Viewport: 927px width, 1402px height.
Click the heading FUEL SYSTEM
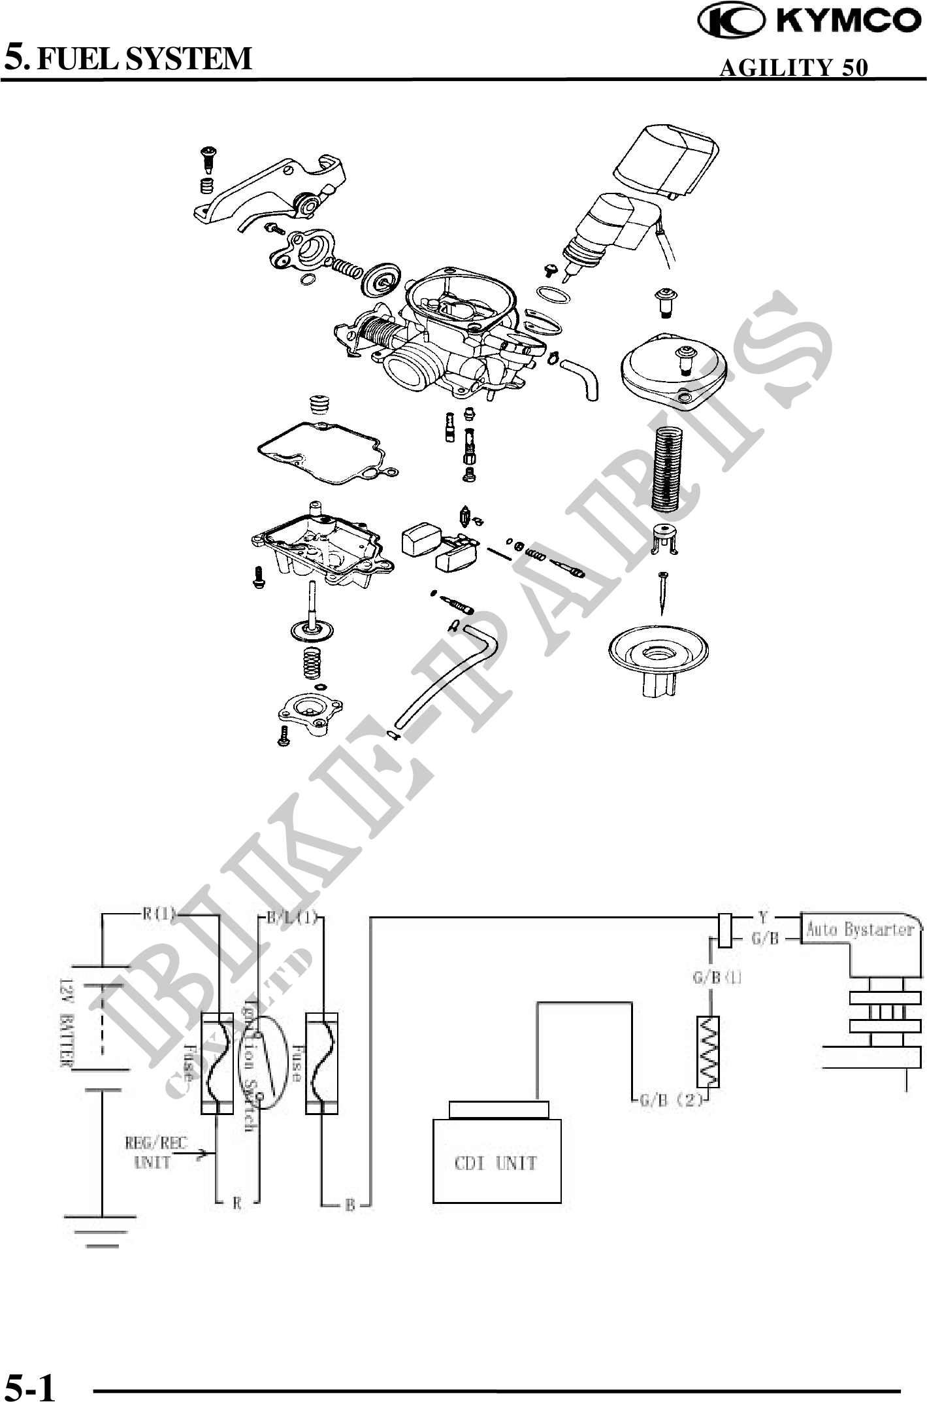[x=143, y=58]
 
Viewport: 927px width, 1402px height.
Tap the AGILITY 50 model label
[x=793, y=67]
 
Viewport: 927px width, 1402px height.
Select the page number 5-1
[x=30, y=1384]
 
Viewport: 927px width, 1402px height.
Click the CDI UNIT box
[x=496, y=1161]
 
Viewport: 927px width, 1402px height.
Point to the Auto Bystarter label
[x=859, y=929]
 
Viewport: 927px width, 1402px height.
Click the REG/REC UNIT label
[x=155, y=1152]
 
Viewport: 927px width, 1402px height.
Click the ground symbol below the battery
[x=102, y=1229]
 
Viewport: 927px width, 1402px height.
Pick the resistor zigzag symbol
[x=708, y=1050]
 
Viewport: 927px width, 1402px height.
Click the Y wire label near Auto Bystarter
[x=762, y=916]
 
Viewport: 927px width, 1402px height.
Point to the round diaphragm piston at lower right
[x=658, y=654]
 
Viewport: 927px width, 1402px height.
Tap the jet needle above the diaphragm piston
[x=663, y=592]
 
